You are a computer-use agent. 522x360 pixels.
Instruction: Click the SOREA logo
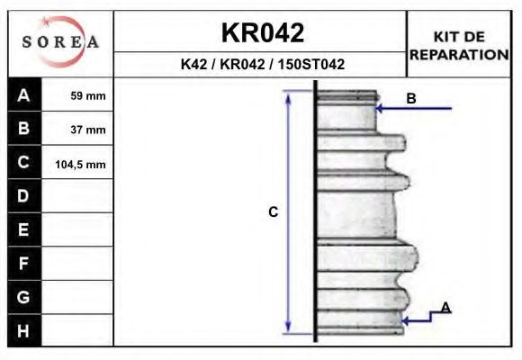(60, 41)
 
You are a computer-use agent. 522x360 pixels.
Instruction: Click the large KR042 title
(263, 32)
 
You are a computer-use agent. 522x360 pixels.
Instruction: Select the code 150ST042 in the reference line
(311, 64)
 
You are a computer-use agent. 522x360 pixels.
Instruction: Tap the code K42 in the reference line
(194, 64)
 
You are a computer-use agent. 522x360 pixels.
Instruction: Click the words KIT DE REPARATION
(459, 46)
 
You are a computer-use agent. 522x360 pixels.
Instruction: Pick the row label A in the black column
(23, 95)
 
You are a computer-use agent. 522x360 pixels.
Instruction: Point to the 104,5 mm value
(80, 164)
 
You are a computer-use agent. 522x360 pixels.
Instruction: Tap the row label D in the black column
(23, 196)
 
